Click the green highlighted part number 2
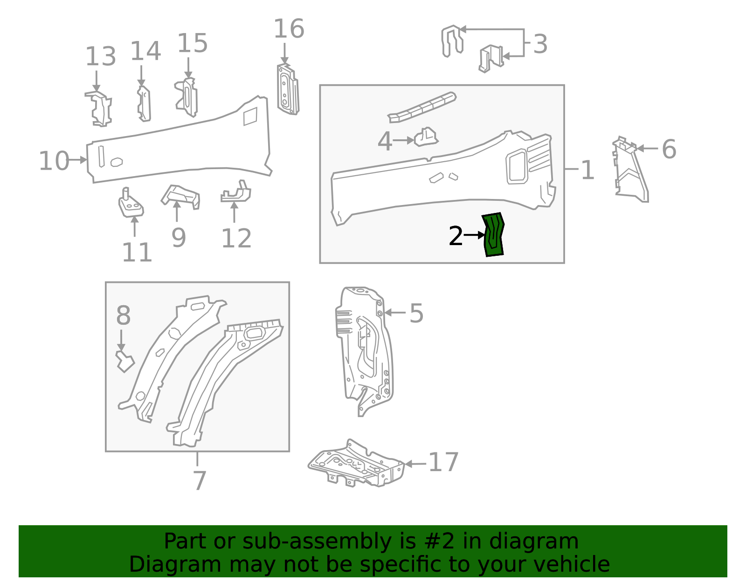(x=493, y=235)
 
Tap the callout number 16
(x=289, y=29)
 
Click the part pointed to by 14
(x=144, y=104)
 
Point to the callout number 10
(x=54, y=161)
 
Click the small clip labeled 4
(x=426, y=137)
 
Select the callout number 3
(x=540, y=44)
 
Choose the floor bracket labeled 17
(x=357, y=464)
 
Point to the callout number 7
(x=199, y=481)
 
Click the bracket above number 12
(x=237, y=193)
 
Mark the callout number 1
(x=587, y=170)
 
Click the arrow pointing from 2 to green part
(x=474, y=235)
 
